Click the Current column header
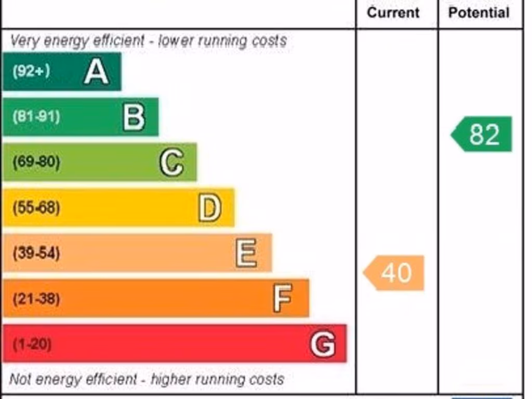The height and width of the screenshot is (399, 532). pyautogui.click(x=393, y=12)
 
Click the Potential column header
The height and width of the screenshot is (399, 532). pyautogui.click(x=478, y=12)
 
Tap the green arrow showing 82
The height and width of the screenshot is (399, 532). pyautogui.click(x=482, y=134)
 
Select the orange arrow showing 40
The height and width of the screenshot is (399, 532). pyautogui.click(x=394, y=273)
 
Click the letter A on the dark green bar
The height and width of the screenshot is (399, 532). pyautogui.click(x=97, y=72)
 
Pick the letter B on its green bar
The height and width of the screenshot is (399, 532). pyautogui.click(x=134, y=117)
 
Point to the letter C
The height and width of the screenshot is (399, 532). pyautogui.click(x=171, y=162)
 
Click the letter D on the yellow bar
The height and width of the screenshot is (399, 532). pyautogui.click(x=209, y=208)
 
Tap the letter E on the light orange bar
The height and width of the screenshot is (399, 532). pyautogui.click(x=246, y=253)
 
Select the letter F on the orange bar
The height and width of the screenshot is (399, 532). pyautogui.click(x=283, y=298)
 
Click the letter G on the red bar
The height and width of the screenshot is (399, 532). pyautogui.click(x=323, y=344)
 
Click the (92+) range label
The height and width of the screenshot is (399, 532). pyautogui.click(x=31, y=71)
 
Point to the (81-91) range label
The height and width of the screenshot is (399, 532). pyautogui.click(x=36, y=116)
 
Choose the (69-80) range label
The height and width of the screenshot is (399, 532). pyautogui.click(x=36, y=162)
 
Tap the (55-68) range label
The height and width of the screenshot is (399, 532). pyautogui.click(x=36, y=208)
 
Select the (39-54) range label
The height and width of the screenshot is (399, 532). pyautogui.click(x=36, y=253)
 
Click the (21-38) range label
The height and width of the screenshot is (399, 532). pyautogui.click(x=36, y=299)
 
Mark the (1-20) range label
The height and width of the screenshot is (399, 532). pyautogui.click(x=32, y=344)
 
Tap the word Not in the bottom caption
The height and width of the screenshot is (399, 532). pyautogui.click(x=20, y=379)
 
